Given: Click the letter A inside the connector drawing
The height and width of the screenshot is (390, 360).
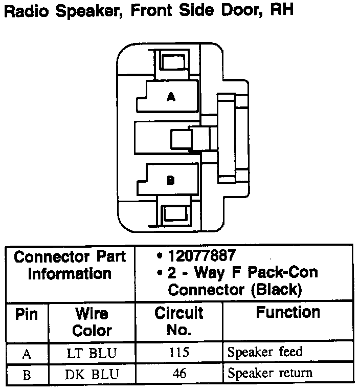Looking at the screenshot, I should (171, 96).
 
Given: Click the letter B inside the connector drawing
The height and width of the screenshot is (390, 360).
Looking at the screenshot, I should (171, 180).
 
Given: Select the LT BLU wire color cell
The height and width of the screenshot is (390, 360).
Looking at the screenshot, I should (92, 352).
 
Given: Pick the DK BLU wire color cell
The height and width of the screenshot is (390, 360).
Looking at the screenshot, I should (92, 374).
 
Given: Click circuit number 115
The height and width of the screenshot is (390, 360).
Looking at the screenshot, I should (179, 352).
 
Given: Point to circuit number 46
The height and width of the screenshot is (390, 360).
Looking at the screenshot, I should (179, 374).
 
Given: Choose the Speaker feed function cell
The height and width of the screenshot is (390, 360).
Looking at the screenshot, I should (265, 352).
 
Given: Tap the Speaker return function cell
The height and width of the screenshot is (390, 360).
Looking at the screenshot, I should (269, 374).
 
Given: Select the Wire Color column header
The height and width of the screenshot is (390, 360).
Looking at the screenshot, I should (92, 321).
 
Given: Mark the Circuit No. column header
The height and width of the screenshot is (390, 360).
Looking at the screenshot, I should (179, 321).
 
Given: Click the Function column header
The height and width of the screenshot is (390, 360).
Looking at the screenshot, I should (288, 312).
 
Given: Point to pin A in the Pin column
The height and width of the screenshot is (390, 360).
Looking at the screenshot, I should (27, 353).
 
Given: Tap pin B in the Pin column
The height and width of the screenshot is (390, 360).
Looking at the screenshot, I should (27, 375).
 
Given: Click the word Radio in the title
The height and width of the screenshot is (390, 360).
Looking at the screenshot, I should (27, 11).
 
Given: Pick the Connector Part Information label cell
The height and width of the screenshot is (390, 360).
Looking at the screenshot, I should (70, 265).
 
